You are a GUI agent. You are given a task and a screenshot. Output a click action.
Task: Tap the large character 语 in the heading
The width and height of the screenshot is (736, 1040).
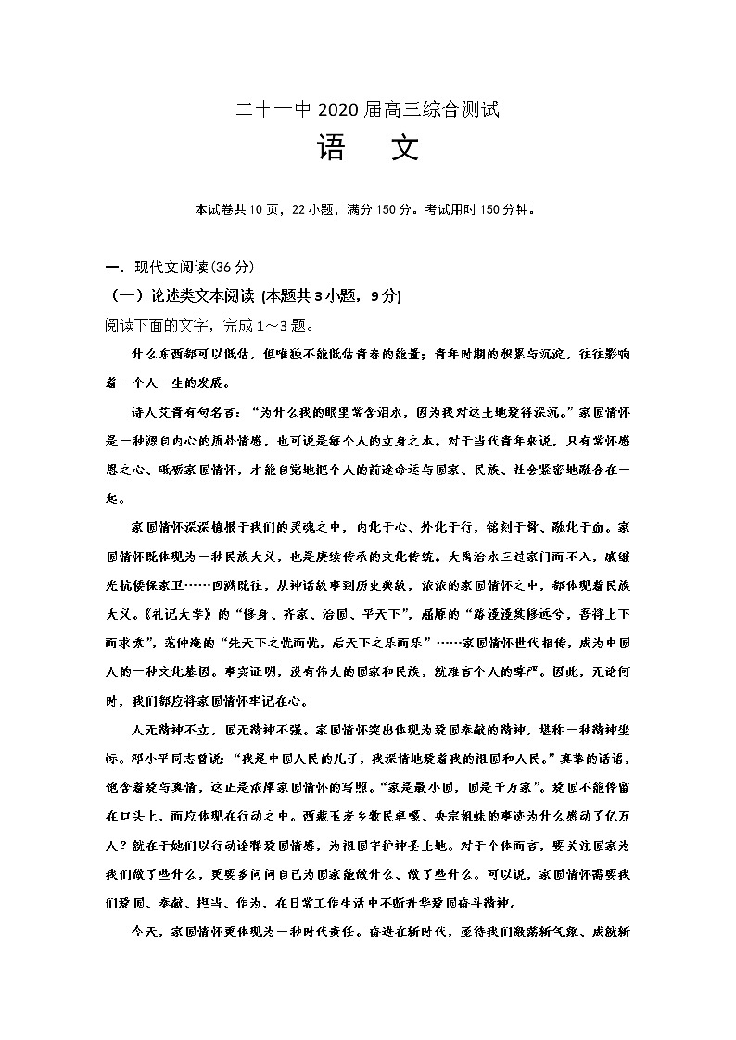pos(332,148)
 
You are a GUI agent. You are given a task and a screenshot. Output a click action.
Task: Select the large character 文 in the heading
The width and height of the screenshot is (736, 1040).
pos(404,148)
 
